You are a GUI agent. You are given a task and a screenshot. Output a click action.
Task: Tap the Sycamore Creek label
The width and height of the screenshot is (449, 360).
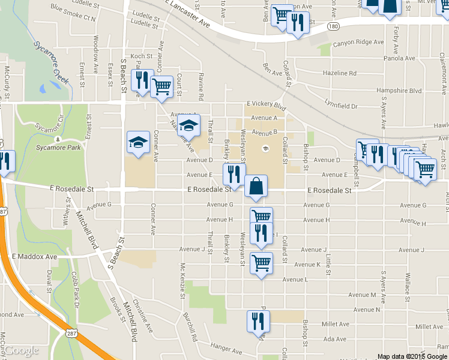pos(52,59)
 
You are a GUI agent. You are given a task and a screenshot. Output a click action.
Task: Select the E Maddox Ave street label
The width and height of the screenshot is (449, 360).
pos(34,256)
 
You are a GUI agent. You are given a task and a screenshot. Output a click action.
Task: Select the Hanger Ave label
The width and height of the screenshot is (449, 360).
pos(226,347)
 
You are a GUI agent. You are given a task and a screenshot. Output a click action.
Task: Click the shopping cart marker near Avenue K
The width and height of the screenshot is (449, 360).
pos(261,262)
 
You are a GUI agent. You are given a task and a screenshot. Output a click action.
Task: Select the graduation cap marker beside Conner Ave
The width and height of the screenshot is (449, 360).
pos(138,143)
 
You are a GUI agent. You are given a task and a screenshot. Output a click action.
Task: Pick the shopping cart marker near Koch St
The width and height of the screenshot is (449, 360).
pos(161,86)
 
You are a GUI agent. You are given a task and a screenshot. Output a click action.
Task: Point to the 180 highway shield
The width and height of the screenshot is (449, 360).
pos(334,26)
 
